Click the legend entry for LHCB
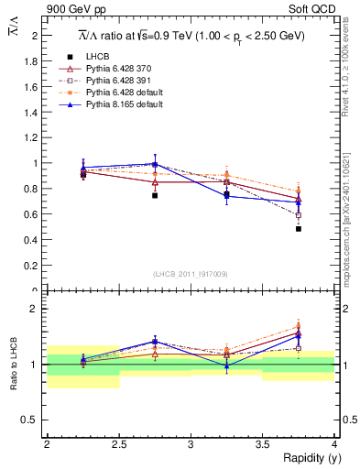click(98, 56)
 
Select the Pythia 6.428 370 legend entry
click(115, 69)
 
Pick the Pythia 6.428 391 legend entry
click(115, 81)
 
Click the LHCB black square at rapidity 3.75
click(299, 229)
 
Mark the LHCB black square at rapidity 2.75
click(155, 195)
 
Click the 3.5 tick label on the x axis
click(263, 444)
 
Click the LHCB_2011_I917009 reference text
click(191, 274)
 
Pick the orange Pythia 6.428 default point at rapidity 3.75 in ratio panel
click(299, 326)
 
